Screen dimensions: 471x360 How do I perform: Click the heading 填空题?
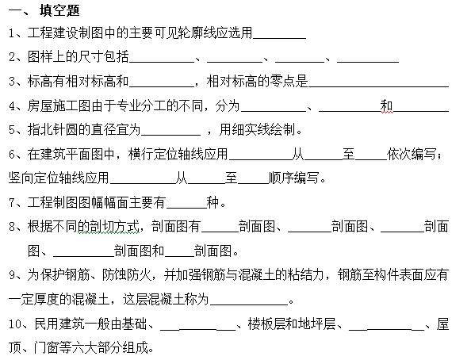tap(59, 10)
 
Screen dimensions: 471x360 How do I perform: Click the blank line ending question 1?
tap(279, 39)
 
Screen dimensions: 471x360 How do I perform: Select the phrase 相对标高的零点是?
tap(257, 81)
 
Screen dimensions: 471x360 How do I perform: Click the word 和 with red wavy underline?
tap(386, 106)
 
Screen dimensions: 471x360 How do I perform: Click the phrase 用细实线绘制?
tap(258, 130)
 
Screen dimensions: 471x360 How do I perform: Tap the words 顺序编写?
tap(293, 178)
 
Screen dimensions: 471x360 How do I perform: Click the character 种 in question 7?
tap(213, 202)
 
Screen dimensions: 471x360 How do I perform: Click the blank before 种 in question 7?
tap(186, 208)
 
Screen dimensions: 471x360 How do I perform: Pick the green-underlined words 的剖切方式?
tap(109, 227)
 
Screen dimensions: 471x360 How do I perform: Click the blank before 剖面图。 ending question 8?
tap(179, 256)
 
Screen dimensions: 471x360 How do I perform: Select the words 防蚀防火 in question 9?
tap(127, 275)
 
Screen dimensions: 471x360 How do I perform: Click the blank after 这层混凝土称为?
tap(249, 305)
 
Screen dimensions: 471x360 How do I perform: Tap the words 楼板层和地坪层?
tap(291, 324)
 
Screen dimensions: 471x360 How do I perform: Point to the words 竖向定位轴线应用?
tap(59, 178)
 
